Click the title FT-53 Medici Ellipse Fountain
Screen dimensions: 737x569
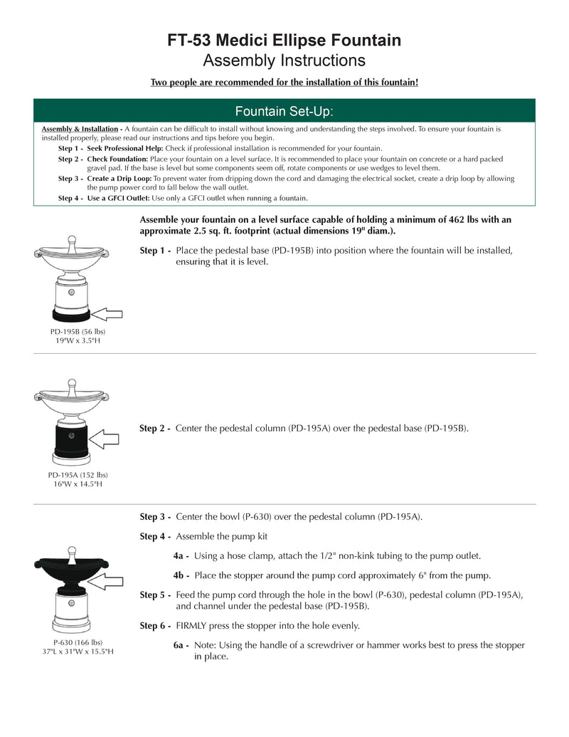(x=284, y=40)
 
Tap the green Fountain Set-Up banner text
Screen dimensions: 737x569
(x=284, y=111)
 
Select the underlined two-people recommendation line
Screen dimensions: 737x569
(x=284, y=83)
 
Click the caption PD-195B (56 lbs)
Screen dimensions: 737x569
(x=78, y=332)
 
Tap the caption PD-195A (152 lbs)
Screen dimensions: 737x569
(x=78, y=475)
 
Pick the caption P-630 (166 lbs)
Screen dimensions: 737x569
(x=78, y=642)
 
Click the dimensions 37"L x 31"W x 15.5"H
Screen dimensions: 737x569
(x=78, y=652)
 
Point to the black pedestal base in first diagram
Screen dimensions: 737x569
(x=70, y=313)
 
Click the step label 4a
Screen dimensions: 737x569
(x=181, y=555)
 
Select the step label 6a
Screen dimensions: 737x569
(x=181, y=645)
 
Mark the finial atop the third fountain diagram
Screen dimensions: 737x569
(x=70, y=550)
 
